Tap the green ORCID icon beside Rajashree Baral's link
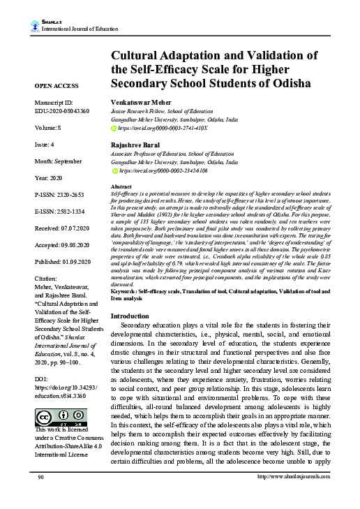(115, 170)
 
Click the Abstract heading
(121, 188)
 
